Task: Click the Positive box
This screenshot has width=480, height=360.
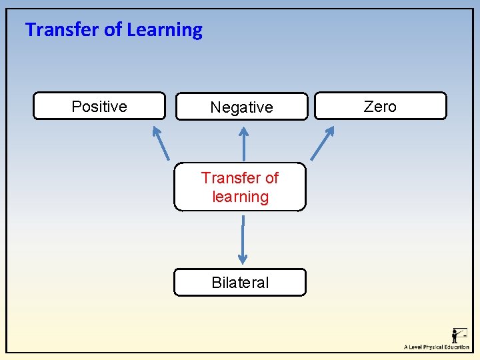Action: pos(99,106)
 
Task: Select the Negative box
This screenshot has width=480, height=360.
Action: pos(241,107)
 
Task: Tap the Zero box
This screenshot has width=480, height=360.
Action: pos(380,106)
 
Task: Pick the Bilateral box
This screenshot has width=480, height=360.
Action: pos(240,282)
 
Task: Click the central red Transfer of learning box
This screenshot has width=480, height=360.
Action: pos(240,187)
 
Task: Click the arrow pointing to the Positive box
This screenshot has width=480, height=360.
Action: pos(161,142)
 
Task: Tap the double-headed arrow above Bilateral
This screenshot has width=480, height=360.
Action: pos(243,239)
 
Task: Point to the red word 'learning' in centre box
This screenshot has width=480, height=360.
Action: pos(240,197)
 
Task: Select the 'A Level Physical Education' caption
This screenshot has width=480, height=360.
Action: pos(436,347)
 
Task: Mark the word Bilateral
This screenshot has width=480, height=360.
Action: pos(240,282)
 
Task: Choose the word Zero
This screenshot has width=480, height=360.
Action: pos(380,106)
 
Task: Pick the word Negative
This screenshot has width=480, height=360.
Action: pos(241,107)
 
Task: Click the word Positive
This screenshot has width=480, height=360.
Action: pos(99,106)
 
